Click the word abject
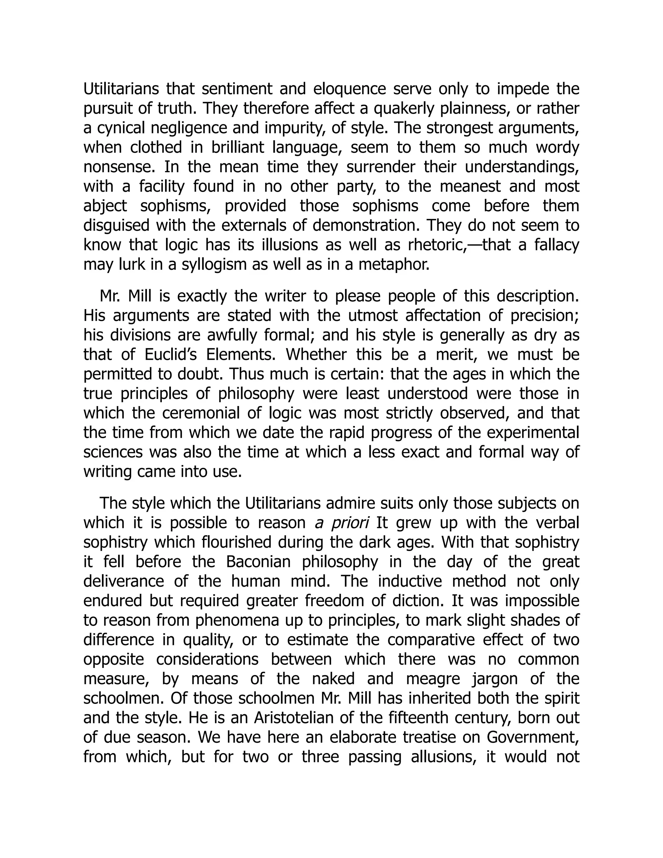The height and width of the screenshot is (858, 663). (x=105, y=206)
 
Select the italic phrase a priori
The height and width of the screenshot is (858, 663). (x=342, y=523)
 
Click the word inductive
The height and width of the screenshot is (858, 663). (x=408, y=581)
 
